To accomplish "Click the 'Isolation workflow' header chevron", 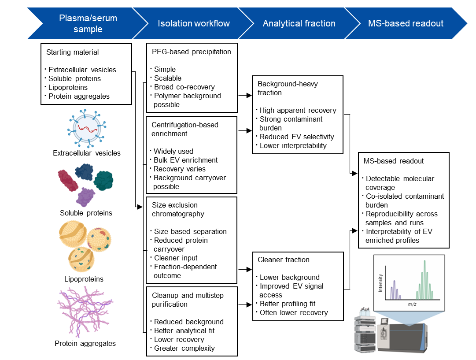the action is click(194, 23).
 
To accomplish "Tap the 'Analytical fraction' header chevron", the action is click(299, 23).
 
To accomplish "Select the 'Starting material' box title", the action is click(73, 52).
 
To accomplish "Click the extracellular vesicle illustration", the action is click(87, 128).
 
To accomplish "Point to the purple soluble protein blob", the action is click(85, 197).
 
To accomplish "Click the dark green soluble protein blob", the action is click(103, 181).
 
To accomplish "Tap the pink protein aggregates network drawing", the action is click(85, 312).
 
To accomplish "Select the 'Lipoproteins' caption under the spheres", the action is click(84, 279).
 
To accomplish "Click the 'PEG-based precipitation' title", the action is click(192, 52).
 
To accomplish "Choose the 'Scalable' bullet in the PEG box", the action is click(168, 78).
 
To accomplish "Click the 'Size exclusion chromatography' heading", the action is click(178, 209).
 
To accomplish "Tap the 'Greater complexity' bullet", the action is click(184, 348).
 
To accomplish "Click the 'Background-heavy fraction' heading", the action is click(288, 88).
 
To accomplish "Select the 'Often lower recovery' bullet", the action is click(294, 312).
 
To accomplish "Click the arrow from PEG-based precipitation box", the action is click(245, 95).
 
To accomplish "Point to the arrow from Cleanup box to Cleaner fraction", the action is click(245, 304).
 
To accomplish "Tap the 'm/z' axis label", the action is click(412, 304).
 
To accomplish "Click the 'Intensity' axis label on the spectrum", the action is click(380, 283).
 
